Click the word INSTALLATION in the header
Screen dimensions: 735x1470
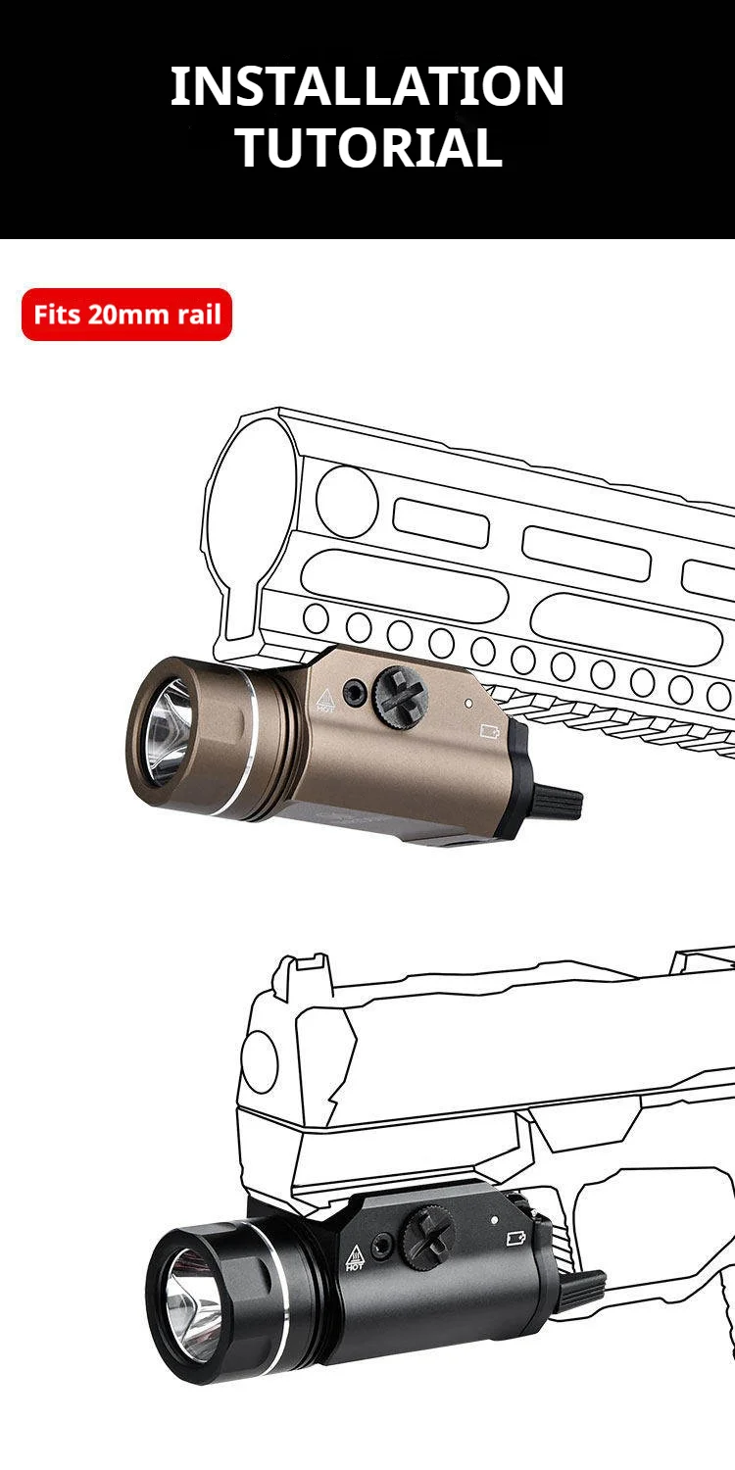367,86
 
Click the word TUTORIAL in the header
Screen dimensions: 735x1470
369,147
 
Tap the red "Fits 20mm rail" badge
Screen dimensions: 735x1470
126,315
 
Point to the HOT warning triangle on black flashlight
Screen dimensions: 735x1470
355,1257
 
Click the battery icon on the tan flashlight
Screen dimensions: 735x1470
489,730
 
